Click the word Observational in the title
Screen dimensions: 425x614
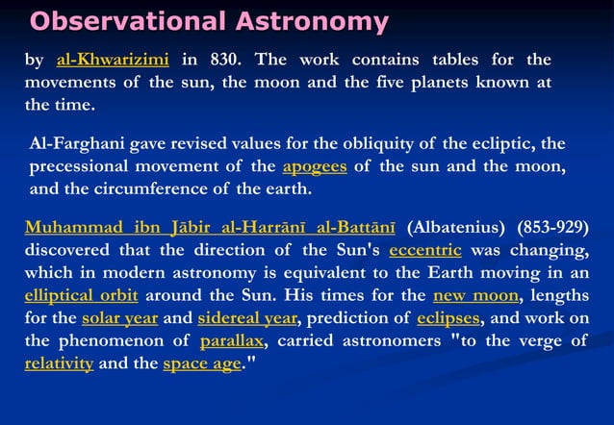125,21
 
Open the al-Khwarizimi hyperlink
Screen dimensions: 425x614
113,60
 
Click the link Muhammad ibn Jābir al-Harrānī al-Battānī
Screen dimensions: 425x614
211,229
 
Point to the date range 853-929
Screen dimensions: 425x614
552,229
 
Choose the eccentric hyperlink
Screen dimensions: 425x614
425,251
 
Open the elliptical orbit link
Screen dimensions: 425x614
82,295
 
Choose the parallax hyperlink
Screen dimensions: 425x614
232,341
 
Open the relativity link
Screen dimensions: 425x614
59,363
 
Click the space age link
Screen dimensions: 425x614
201,363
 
